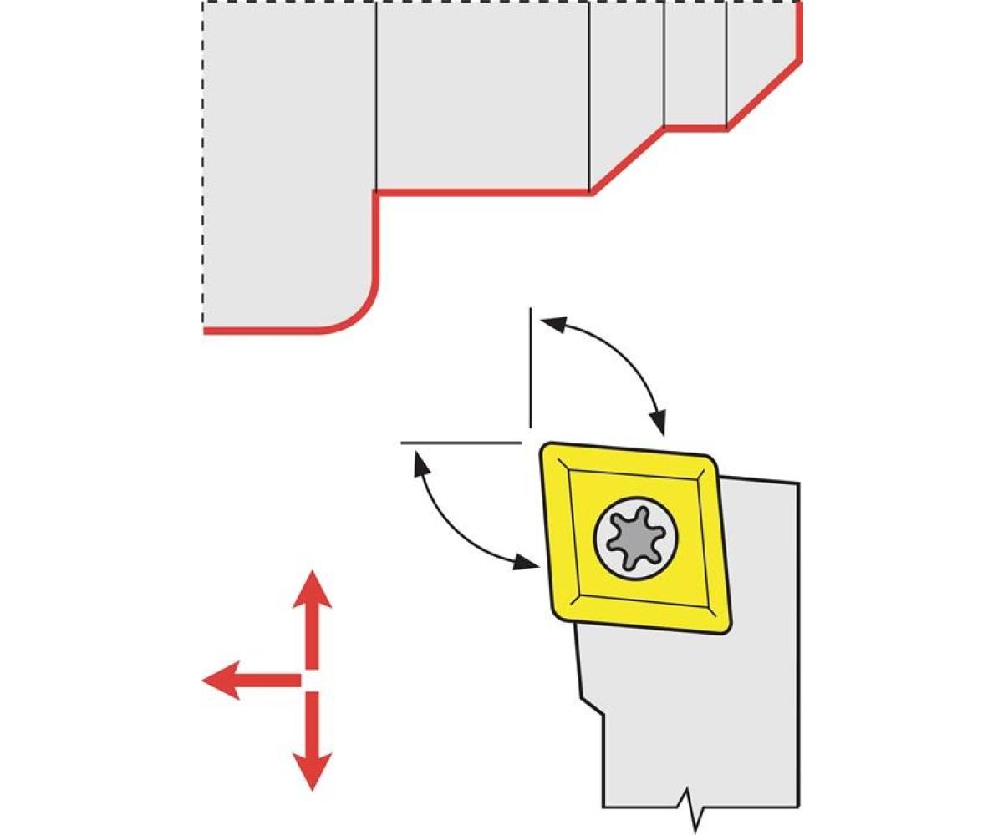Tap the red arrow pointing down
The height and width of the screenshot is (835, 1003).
tap(312, 743)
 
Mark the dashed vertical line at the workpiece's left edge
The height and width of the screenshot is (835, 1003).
tap(203, 167)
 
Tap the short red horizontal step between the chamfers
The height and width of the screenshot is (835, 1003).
tap(695, 129)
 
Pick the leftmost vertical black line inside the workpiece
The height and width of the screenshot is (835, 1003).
tap(376, 96)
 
